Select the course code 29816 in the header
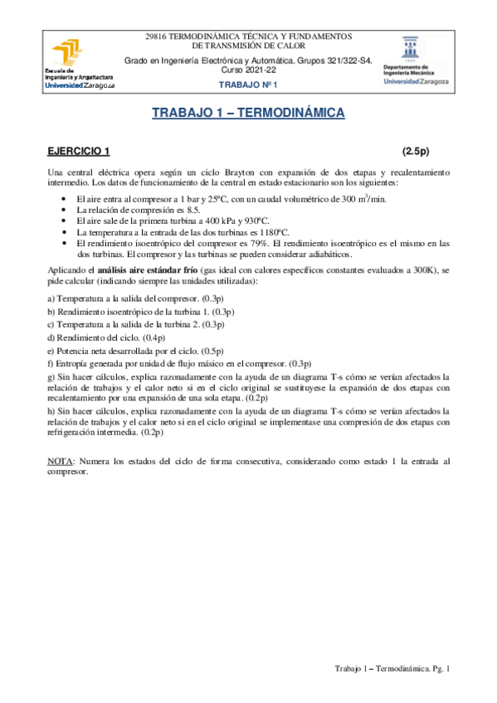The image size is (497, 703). pos(157,36)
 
